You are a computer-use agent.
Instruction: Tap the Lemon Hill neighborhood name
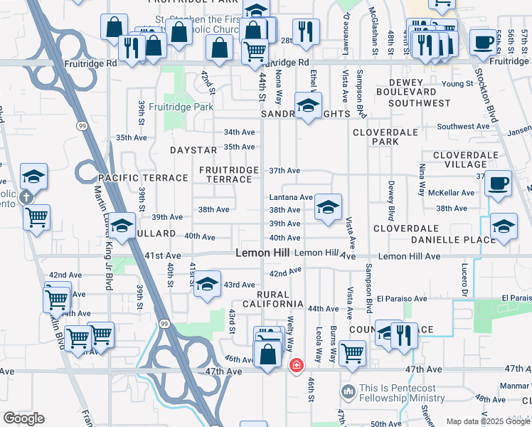coord(262,253)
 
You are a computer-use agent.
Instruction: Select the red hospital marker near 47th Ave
coord(295,366)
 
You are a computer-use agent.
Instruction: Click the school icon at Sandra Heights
coord(308,106)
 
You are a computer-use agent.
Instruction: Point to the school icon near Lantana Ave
coord(328,208)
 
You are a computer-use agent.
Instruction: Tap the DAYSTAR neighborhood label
coord(193,151)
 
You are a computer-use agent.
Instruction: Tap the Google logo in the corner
coord(23,418)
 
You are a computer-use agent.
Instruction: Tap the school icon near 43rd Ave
coord(207,283)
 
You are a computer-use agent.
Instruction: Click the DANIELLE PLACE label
coord(452,240)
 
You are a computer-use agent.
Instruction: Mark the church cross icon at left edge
coord(26,197)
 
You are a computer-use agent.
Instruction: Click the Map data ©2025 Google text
coord(488,421)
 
